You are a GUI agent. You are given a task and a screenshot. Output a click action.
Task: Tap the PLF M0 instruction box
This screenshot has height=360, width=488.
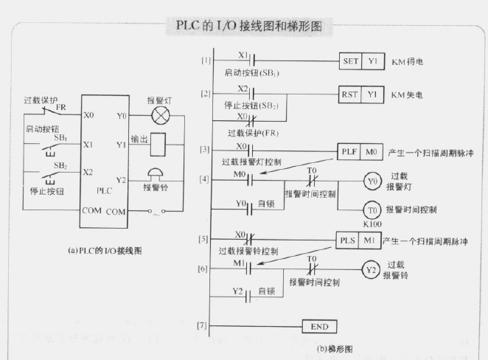360,152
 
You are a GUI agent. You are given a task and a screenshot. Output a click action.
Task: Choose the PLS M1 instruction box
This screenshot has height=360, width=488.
360,241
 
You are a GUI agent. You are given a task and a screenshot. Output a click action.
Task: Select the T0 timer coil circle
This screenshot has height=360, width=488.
373,210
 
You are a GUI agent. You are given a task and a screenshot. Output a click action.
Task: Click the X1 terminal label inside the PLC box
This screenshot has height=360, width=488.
89,145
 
